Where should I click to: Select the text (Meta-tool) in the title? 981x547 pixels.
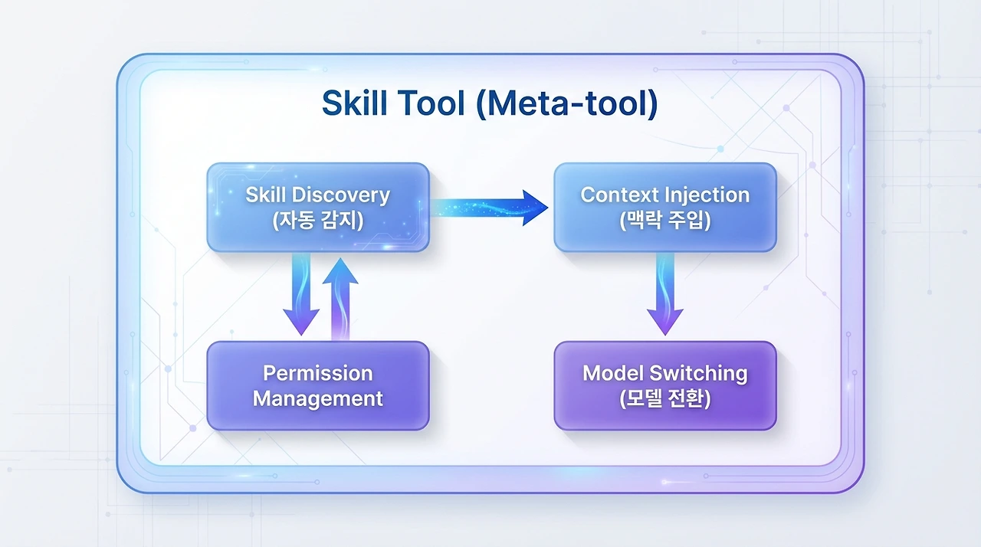[566, 104]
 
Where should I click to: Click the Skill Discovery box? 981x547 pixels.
[318, 207]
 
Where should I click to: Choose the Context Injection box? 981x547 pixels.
[664, 207]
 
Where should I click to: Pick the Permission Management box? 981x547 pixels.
[318, 385]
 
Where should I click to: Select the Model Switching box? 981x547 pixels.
[664, 385]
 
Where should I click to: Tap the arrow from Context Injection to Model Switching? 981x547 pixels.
[664, 295]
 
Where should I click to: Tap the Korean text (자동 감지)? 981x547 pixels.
[317, 221]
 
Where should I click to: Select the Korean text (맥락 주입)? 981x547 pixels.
[664, 221]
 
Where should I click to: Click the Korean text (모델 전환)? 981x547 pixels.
[664, 399]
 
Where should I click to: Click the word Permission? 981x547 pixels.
[317, 373]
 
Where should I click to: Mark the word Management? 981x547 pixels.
[317, 398]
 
